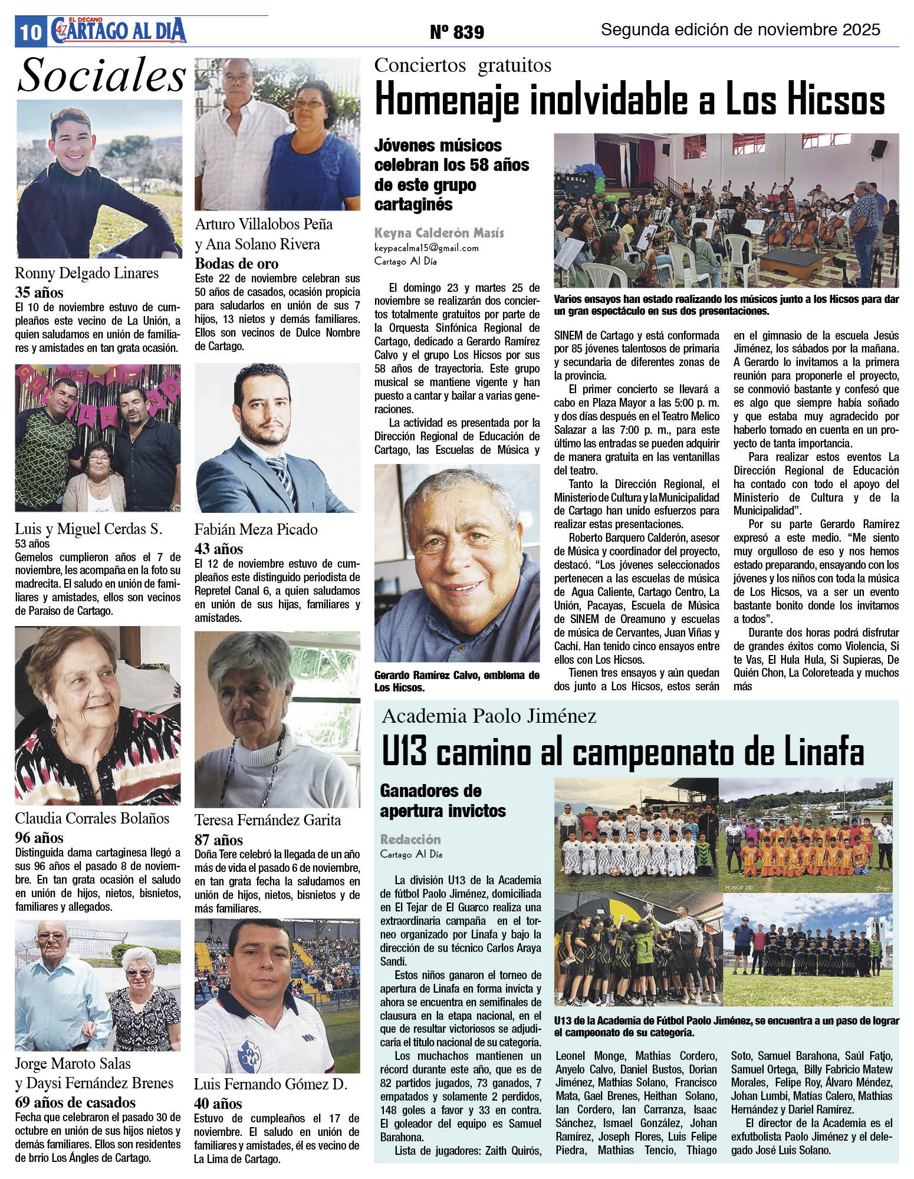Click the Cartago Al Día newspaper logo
pyautogui.click(x=118, y=31)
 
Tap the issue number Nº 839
pyautogui.click(x=457, y=32)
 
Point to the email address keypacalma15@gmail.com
pyautogui.click(x=426, y=248)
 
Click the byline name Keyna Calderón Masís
pyautogui.click(x=439, y=233)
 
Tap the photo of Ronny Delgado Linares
pyautogui.click(x=98, y=179)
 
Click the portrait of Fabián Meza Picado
pyautogui.click(x=277, y=437)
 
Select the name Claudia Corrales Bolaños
pyautogui.click(x=92, y=818)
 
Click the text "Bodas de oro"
pyautogui.click(x=236, y=264)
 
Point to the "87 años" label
pyautogui.click(x=219, y=839)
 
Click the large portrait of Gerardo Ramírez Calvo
pyautogui.click(x=457, y=562)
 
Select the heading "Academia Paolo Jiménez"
pyautogui.click(x=489, y=716)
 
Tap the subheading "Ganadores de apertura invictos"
pyautogui.click(x=442, y=801)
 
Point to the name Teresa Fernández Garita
pyautogui.click(x=268, y=820)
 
